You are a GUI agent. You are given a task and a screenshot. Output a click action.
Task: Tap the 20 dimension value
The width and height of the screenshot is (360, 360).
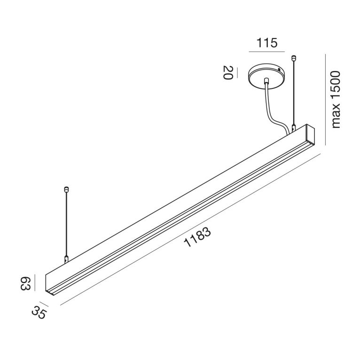pyautogui.click(x=227, y=73)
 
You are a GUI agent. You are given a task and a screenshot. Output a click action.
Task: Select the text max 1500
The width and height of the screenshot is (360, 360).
pyautogui.click(x=336, y=100)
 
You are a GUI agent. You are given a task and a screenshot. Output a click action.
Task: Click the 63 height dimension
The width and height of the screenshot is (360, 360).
pyautogui.click(x=25, y=284)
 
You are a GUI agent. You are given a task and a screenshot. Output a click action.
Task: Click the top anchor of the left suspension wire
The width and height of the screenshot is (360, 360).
pyautogui.click(x=66, y=190)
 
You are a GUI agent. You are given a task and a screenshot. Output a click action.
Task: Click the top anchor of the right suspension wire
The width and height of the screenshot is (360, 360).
pyautogui.click(x=294, y=59)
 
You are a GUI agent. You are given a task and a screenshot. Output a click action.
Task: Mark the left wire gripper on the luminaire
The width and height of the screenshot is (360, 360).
pyautogui.click(x=66, y=258)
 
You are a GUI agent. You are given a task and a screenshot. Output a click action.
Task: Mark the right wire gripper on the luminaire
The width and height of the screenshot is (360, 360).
pyautogui.click(x=294, y=127)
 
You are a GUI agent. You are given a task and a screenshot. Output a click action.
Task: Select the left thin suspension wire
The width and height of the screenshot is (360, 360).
pyautogui.click(x=66, y=223)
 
